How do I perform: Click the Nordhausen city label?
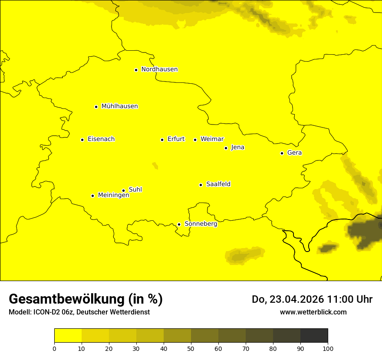tap(159, 69)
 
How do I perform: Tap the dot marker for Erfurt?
tap(162, 140)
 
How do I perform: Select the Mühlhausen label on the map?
tap(119, 106)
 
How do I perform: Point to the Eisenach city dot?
tap(82, 140)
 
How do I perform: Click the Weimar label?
tap(212, 139)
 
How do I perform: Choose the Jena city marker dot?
tap(226, 148)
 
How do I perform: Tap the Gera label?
tap(294, 153)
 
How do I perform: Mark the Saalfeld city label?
tap(218, 184)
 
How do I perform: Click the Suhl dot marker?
tap(123, 190)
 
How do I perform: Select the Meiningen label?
tap(113, 195)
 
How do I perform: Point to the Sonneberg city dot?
tap(179, 224)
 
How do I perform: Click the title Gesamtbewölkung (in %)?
tap(86, 299)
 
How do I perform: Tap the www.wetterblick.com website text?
tap(313, 312)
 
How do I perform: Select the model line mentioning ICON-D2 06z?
tap(79, 312)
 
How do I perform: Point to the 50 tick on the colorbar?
tap(191, 348)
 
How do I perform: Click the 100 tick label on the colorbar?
tap(328, 348)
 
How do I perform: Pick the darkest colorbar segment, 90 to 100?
tap(314, 336)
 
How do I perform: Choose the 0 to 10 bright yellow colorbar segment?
tap(68, 336)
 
